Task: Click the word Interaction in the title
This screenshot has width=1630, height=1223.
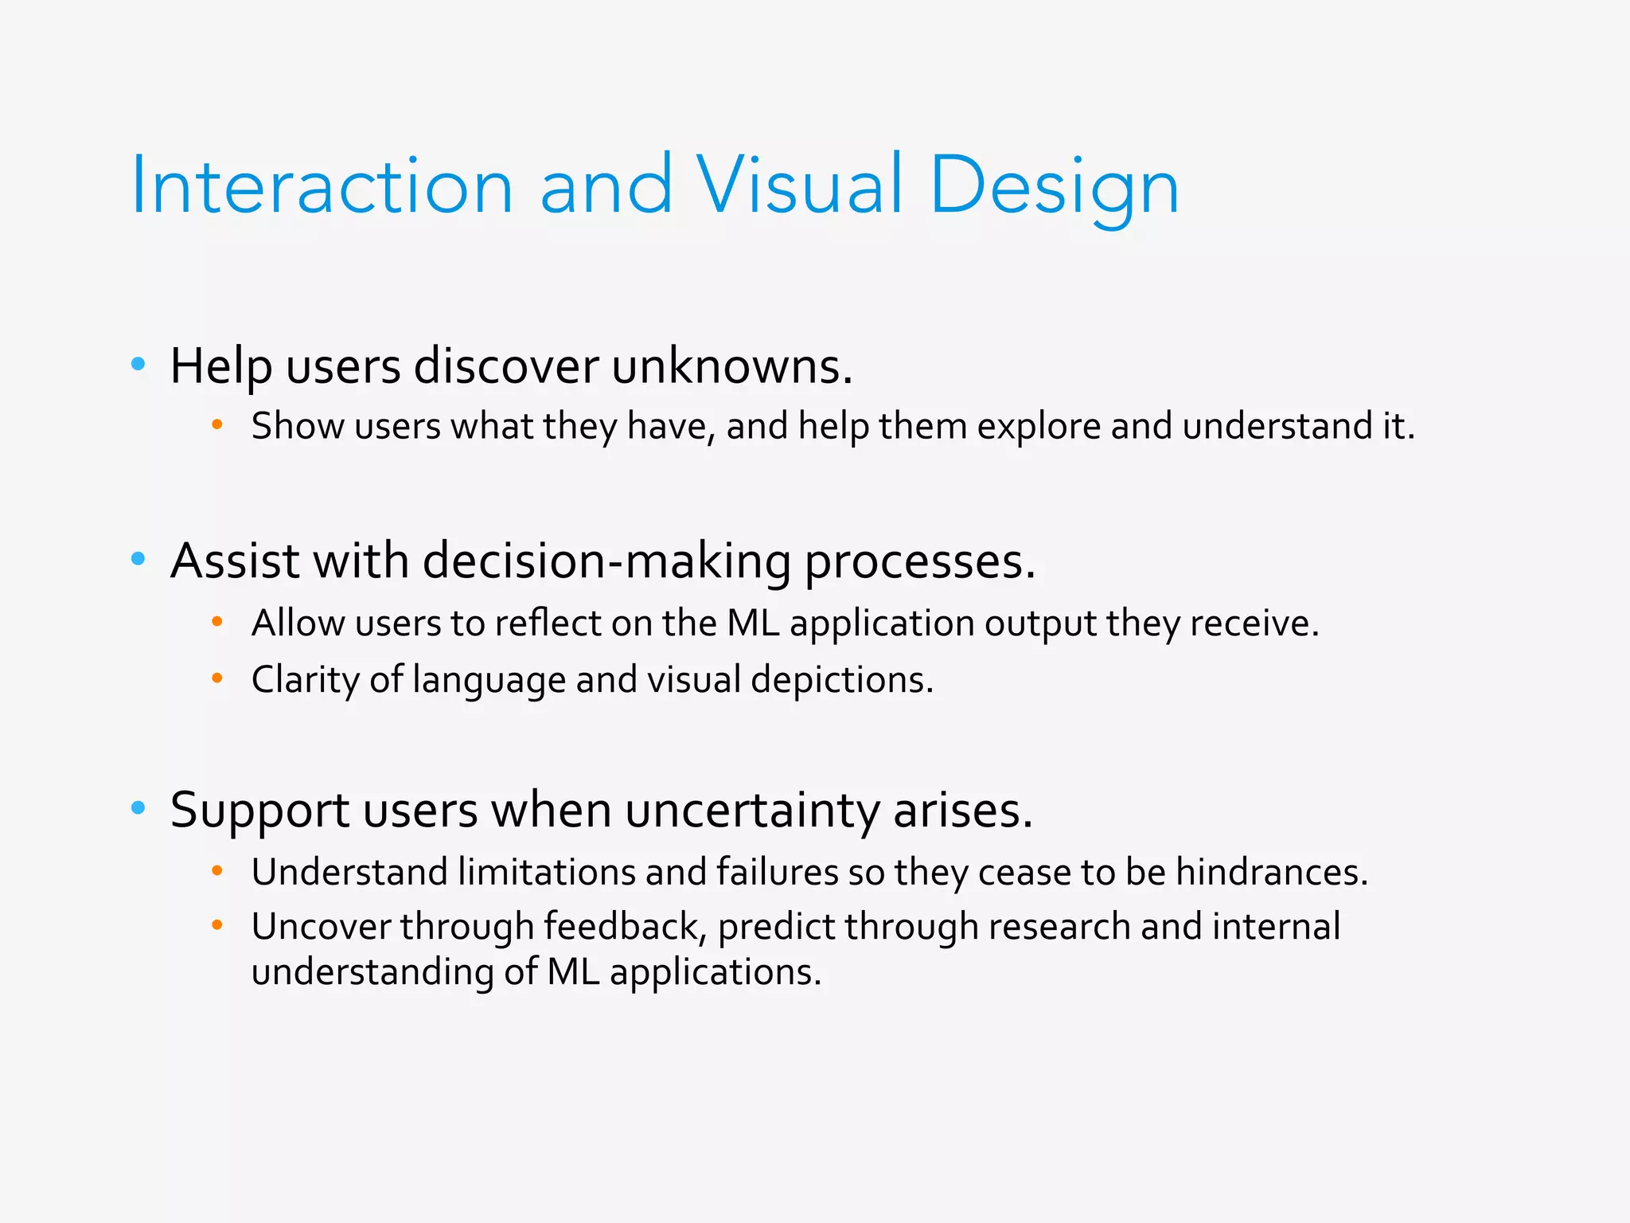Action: point(322,185)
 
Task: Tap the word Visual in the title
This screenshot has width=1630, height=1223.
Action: point(800,185)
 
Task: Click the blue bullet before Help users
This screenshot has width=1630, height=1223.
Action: point(138,365)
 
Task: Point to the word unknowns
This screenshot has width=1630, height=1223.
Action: point(731,366)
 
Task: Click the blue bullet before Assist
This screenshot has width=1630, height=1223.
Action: point(138,559)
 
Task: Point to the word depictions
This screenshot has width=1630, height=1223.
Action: point(841,680)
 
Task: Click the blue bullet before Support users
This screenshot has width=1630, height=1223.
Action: point(138,808)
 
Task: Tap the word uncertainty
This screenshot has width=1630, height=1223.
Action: point(751,811)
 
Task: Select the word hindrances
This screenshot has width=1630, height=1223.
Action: point(1271,872)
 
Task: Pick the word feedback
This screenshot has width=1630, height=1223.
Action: point(625,927)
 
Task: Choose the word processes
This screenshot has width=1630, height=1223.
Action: point(919,562)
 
